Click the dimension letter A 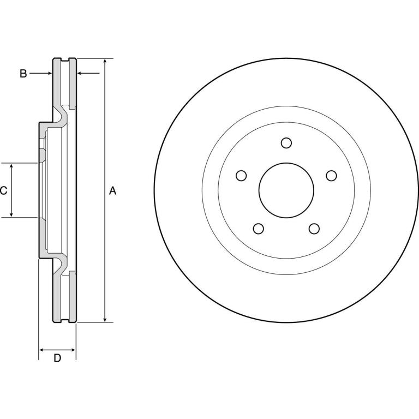point(113,191)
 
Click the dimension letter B point(23,74)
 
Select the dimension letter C point(3,190)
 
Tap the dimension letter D point(57,358)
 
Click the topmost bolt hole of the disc point(286,143)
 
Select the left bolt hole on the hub point(241,176)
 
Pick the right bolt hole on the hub point(331,176)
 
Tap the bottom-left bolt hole point(259,229)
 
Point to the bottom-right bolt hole point(314,229)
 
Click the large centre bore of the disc point(286,190)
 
